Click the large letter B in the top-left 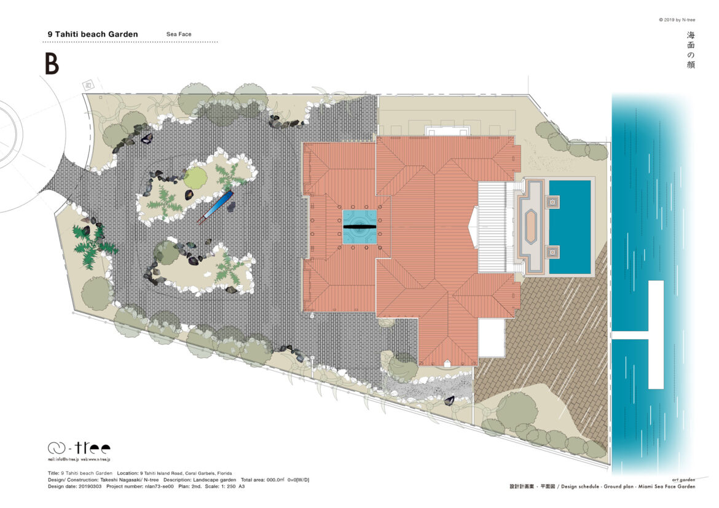pos(52,64)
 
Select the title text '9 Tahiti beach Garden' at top pos(93,34)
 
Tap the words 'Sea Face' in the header pos(179,34)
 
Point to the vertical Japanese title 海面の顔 pos(691,50)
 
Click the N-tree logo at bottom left pos(79,448)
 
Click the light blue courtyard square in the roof pos(359,227)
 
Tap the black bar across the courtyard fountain pos(359,227)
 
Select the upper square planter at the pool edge pos(552,201)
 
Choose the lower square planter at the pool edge pos(552,251)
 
